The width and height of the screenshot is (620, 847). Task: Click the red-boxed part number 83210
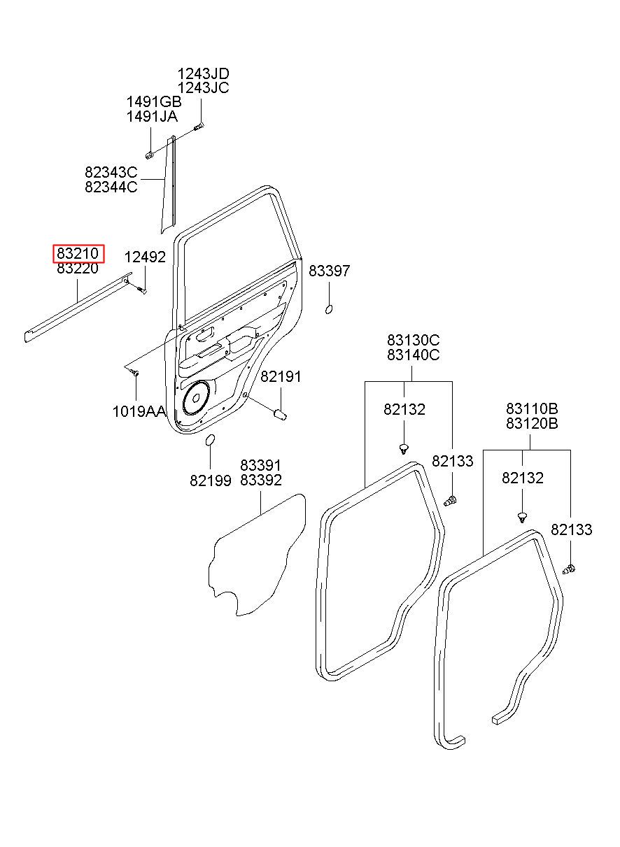(x=78, y=253)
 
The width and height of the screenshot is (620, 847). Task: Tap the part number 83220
(x=78, y=268)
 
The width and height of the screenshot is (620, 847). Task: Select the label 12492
(x=145, y=257)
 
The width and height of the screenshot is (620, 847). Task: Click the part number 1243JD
(x=203, y=73)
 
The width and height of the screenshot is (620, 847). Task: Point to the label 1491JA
(x=152, y=117)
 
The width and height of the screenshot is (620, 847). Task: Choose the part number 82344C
(x=111, y=187)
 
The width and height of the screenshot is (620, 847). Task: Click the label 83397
(x=329, y=271)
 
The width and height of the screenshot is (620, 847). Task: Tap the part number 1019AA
(x=139, y=411)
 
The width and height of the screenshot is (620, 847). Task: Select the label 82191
(x=281, y=376)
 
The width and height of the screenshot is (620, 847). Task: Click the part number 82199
(x=211, y=481)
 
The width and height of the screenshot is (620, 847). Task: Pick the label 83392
(x=261, y=481)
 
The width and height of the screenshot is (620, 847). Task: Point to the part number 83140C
(x=413, y=355)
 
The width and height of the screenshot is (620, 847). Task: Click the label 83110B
(x=532, y=408)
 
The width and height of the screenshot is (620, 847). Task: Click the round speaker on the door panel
(x=197, y=397)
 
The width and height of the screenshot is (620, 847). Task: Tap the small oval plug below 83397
(x=329, y=309)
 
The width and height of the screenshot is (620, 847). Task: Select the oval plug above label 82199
(x=210, y=440)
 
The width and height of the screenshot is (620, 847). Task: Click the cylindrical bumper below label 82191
(x=280, y=414)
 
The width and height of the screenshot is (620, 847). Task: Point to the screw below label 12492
(x=142, y=290)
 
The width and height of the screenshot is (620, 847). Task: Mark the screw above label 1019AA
(x=135, y=373)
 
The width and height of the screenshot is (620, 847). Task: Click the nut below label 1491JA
(x=150, y=155)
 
